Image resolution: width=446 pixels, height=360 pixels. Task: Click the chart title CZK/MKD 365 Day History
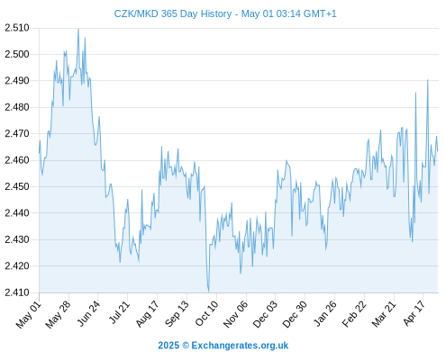[x=173, y=13]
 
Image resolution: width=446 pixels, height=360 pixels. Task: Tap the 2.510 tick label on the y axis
[x=17, y=28]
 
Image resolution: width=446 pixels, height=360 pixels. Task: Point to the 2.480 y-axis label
[x=17, y=107]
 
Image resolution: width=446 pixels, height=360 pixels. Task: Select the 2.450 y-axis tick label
[x=17, y=186]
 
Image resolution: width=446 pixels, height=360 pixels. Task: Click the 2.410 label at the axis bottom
[x=17, y=292]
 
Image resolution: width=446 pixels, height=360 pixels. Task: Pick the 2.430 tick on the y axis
[x=17, y=239]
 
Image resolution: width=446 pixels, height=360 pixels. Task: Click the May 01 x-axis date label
[x=29, y=315]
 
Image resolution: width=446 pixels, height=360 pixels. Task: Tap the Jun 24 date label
[x=88, y=313]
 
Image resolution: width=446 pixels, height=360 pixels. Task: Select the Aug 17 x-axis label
[x=147, y=314]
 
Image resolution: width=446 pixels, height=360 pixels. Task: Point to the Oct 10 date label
[x=206, y=313]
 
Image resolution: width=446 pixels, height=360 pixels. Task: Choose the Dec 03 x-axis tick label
[x=265, y=314]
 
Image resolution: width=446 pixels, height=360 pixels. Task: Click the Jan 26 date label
[x=324, y=313]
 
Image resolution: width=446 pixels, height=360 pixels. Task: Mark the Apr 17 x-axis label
[x=414, y=313]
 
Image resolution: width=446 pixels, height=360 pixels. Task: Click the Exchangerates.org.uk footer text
[x=240, y=346]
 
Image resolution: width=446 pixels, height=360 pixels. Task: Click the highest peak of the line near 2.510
[x=78, y=29]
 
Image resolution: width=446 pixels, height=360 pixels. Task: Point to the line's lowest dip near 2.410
[x=208, y=292]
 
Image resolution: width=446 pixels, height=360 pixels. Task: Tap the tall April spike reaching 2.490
[x=428, y=80]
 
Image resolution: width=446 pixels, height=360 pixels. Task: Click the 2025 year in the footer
[x=168, y=346]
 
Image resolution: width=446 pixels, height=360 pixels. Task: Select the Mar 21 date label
[x=384, y=314]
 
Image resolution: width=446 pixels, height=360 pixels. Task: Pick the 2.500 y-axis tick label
[x=17, y=54]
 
